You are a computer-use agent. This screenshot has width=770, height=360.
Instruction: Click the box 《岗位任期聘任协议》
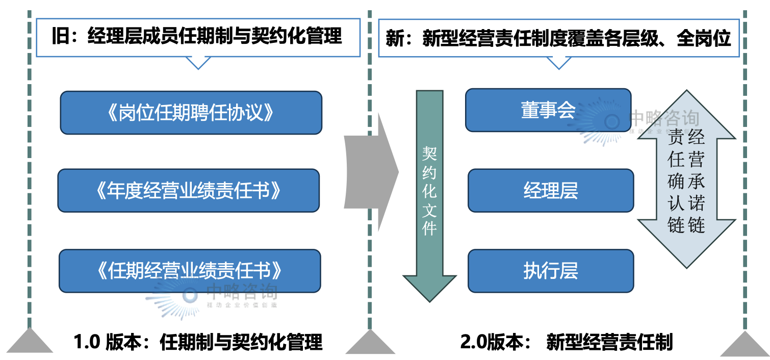pos(191,113)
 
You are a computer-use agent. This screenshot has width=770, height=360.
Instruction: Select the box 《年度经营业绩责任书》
pos(188,191)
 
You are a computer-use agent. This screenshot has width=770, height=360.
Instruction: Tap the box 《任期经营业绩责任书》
pos(190,270)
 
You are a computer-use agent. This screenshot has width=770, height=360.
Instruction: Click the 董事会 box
pos(548,110)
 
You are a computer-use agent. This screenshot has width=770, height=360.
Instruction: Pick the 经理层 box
pos(551,191)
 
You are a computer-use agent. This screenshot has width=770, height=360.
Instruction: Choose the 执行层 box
pos(551,271)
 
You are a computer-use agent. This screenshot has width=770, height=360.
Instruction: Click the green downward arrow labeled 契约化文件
pos(429,194)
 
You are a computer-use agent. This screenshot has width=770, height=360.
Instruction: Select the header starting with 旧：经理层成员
pos(198,37)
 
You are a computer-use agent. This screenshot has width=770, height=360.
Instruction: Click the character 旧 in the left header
pos(60,37)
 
